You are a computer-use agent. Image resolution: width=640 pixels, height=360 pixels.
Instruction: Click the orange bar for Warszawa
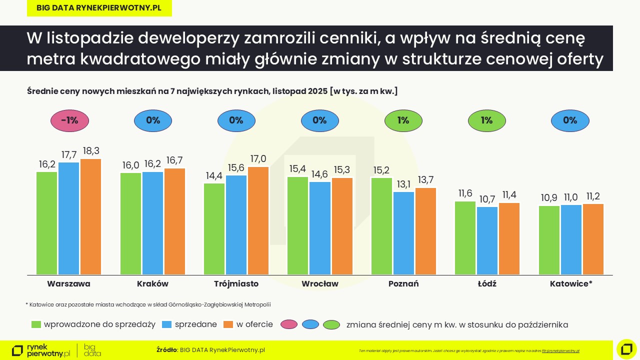90,217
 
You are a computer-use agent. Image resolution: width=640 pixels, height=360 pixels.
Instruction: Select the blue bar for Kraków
152,223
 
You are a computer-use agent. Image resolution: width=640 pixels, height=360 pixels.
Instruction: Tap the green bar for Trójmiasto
214,229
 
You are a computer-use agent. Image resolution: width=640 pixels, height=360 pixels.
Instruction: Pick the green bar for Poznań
381,226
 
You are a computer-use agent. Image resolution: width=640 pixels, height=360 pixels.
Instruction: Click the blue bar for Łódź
487,240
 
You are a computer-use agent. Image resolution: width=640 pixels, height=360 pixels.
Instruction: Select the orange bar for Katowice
593,239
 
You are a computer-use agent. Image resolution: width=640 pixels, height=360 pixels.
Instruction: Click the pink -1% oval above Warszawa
69,120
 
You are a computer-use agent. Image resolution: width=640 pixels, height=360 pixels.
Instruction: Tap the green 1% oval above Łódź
486,120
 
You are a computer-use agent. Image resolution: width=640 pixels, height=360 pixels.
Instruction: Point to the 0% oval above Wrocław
319,120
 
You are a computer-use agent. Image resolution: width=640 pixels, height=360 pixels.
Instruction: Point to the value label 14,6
319,174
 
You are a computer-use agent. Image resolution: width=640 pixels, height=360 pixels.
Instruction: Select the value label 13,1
403,184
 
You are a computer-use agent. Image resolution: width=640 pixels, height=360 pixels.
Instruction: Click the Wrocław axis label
319,284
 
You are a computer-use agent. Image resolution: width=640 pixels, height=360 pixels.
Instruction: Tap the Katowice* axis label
571,284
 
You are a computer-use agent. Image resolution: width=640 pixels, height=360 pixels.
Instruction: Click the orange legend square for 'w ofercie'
228,324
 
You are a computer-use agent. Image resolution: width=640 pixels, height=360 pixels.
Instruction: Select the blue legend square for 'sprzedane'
167,324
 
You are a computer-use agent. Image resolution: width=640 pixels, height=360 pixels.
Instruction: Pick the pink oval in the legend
289,324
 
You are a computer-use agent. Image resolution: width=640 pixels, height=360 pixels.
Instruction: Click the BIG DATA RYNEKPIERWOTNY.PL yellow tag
99,8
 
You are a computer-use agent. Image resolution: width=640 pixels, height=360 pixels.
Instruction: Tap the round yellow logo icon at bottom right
626,349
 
